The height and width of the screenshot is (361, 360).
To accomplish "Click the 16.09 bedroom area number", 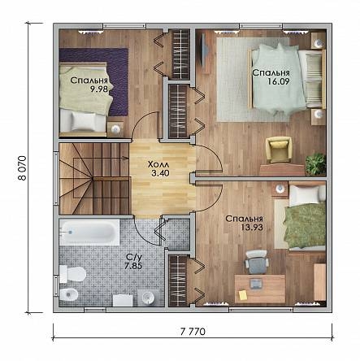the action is pos(279,81).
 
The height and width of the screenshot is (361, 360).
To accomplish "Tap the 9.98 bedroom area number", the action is pos(99,89).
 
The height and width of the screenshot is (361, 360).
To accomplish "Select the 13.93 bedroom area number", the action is pos(252,227).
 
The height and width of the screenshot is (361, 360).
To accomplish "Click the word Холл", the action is pos(158,164).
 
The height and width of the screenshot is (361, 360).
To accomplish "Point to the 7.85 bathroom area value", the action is pos(133,266).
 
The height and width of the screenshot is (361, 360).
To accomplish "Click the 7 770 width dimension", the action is pos(193,332).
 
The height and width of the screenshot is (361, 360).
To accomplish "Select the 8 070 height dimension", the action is pos(22,168).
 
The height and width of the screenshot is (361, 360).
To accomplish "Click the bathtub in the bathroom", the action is pos(89,233).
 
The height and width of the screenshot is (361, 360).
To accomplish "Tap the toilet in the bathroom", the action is pos(72,274).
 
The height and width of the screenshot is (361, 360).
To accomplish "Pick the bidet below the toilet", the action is pos(68,294).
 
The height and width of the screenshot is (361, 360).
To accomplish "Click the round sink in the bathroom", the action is pos(148,298).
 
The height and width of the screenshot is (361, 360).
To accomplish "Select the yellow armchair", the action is pos(279,150).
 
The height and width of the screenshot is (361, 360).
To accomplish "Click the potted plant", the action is pos(315,164).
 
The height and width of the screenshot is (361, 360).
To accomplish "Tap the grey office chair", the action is pos(257,262).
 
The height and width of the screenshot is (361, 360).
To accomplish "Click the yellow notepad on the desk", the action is pos(243,295).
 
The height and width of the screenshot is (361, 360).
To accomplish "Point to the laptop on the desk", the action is pos(256,283).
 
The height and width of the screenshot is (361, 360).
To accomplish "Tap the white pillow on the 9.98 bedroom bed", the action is pos(84,122).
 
